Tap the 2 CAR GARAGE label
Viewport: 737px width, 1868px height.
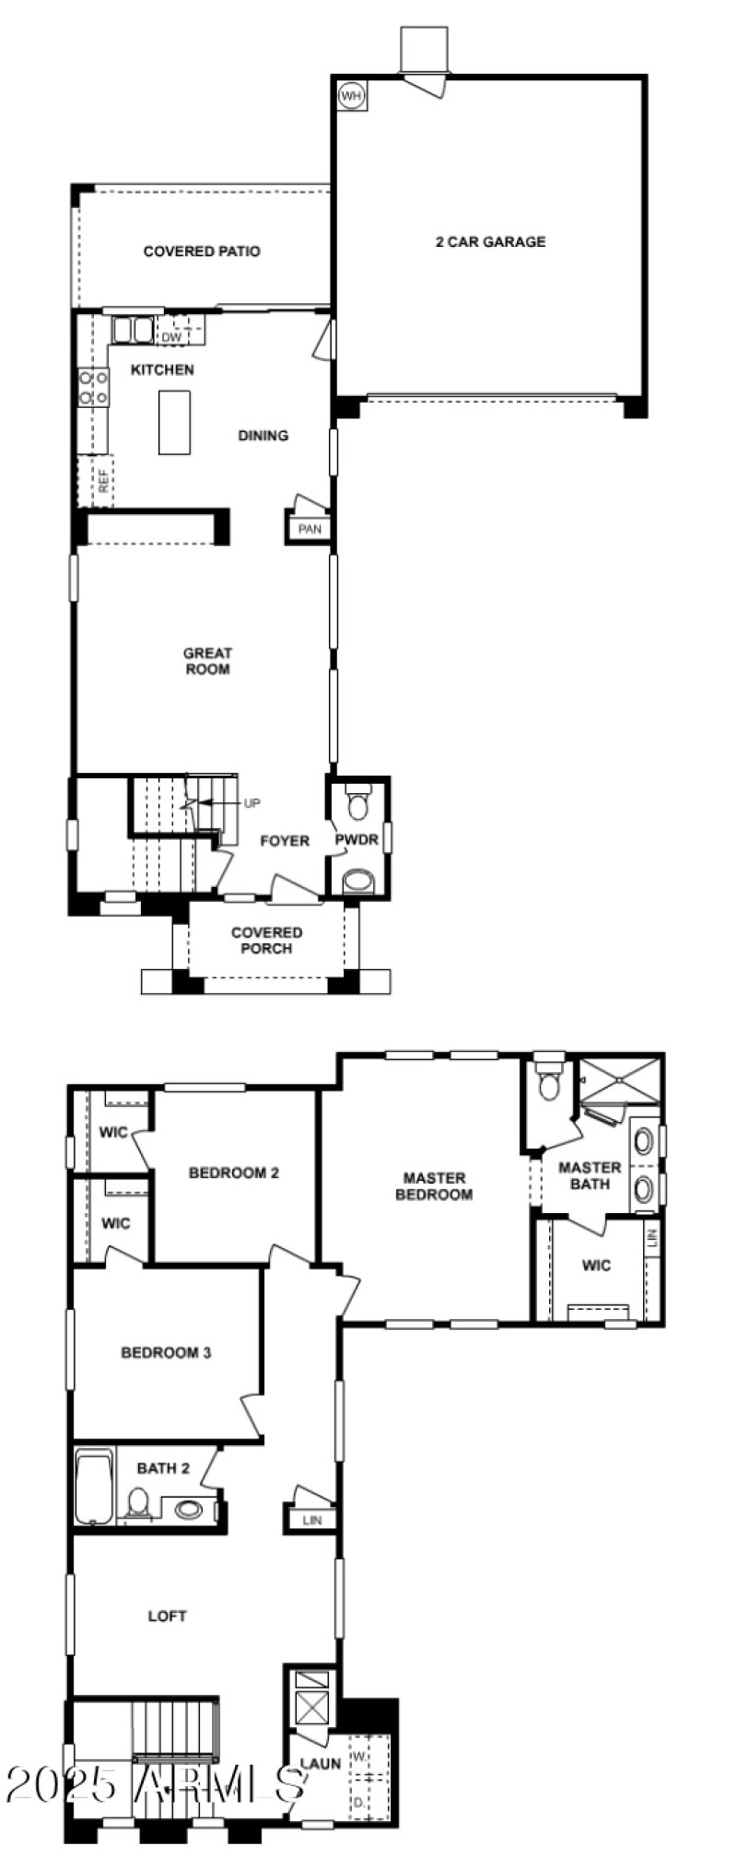490,242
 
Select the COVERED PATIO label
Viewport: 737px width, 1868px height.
202,251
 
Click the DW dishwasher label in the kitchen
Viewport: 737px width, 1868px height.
171,337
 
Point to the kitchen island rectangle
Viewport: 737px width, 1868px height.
174,422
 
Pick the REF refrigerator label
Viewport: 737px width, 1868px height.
103,482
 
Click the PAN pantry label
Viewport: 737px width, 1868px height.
310,529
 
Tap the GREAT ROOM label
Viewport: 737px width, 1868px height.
208,661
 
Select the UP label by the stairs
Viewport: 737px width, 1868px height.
252,803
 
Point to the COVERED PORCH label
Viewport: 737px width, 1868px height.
266,940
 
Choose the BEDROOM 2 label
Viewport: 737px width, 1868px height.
234,1173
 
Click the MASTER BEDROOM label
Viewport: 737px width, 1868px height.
434,1186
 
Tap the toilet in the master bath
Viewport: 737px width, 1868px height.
549,1084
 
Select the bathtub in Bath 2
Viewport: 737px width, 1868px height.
94,1489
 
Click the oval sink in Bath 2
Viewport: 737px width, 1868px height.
189,1510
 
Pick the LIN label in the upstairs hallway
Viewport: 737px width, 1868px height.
312,1521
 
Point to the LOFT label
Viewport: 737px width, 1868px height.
167,1616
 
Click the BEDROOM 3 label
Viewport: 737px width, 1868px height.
166,1352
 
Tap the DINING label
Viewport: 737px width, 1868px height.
263,436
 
